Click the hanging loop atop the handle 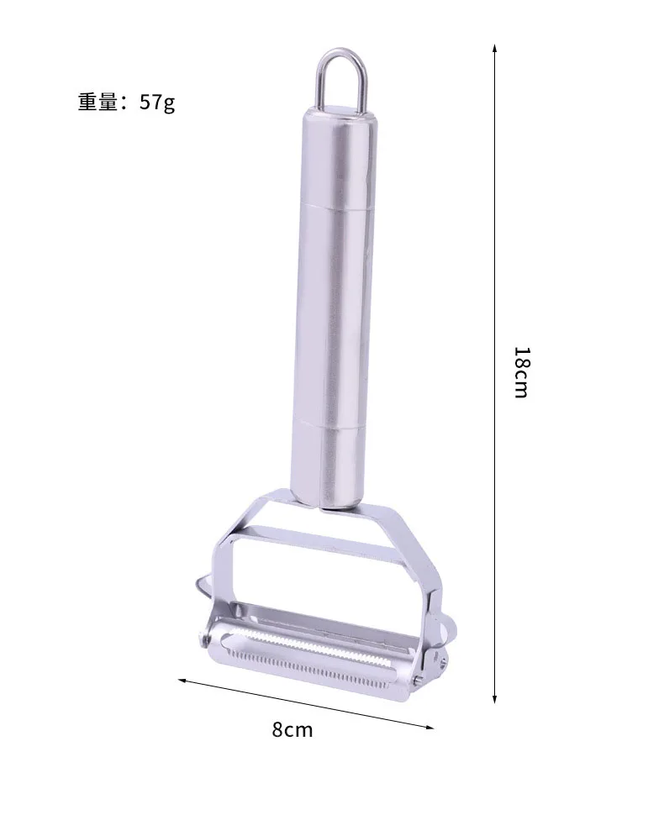[341, 52]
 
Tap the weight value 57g [157, 102]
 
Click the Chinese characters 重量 [97, 102]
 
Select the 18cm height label [521, 372]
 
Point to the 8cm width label [292, 728]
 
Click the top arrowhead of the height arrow [494, 47]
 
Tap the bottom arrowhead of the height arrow [494, 699]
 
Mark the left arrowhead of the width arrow [182, 681]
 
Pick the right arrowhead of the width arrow [429, 726]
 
